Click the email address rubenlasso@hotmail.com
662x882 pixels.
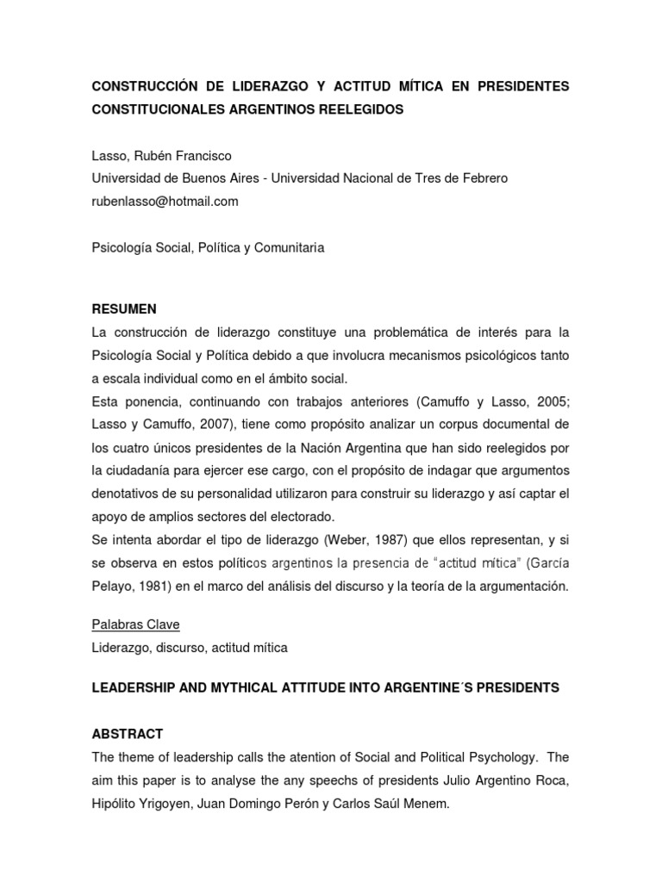tap(165, 201)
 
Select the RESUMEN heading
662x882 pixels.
tap(124, 308)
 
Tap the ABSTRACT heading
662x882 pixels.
tap(127, 733)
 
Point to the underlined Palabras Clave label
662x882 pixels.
tap(134, 624)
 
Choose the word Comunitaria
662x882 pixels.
tap(289, 247)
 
